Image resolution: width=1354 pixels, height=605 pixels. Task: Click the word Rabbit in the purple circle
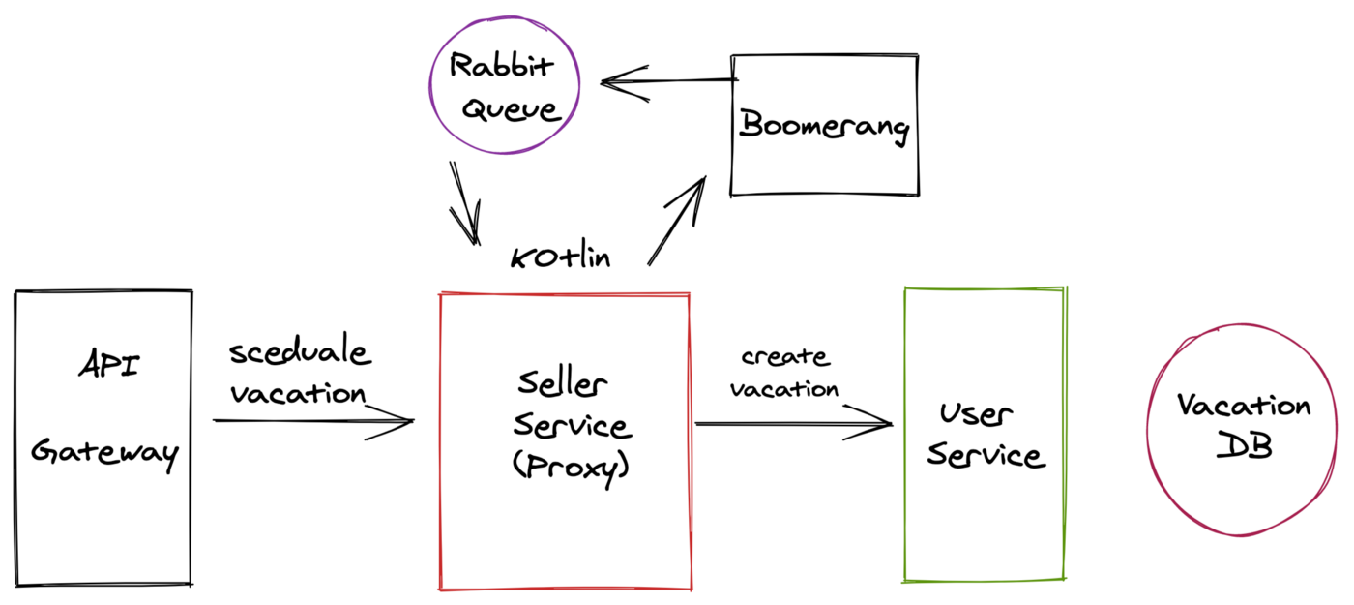[501, 66]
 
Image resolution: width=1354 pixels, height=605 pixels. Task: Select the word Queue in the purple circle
[512, 108]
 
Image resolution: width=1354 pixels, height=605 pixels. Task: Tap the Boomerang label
[824, 127]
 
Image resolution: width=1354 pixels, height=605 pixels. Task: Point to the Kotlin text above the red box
[560, 257]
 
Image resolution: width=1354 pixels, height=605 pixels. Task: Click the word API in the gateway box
[108, 364]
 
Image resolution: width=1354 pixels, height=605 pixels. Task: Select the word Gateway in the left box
[105, 453]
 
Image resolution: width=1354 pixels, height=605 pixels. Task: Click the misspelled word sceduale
[301, 349]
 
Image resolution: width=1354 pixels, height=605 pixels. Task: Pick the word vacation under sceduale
[299, 393]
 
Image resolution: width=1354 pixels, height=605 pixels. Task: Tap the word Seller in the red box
[562, 383]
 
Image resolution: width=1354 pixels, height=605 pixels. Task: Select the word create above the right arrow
[785, 356]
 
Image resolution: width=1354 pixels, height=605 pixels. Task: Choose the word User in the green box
[976, 414]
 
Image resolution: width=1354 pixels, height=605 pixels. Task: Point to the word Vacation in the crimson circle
[1244, 405]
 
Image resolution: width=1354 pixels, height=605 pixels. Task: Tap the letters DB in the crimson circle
[1244, 446]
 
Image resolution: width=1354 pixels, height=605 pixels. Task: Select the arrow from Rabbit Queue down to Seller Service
[465, 203]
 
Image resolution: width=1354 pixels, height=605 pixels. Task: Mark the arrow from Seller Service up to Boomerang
[677, 221]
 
